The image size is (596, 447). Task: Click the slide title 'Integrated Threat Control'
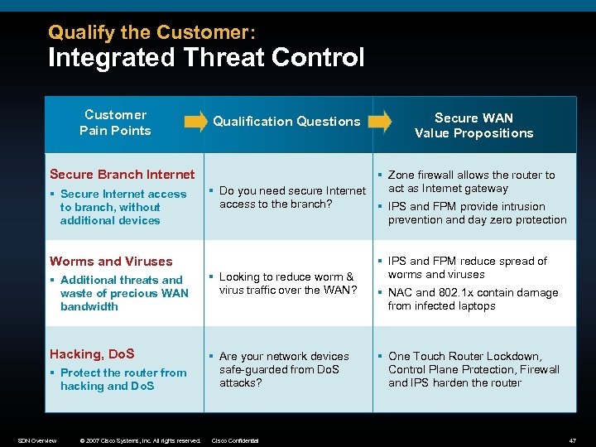(x=206, y=58)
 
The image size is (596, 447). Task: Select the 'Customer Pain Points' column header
(x=115, y=123)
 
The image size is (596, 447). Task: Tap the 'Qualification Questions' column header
(x=286, y=122)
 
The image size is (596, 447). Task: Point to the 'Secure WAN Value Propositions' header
(x=473, y=125)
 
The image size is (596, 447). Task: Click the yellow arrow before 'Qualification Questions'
(x=195, y=122)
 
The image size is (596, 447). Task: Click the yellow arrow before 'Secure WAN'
(x=379, y=122)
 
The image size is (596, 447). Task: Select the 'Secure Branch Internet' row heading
(x=122, y=174)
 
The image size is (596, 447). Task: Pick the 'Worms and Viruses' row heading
(x=111, y=261)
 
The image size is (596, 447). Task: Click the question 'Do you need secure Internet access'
(x=291, y=197)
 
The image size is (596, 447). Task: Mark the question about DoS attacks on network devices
(x=283, y=369)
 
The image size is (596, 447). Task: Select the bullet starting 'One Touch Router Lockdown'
(x=473, y=369)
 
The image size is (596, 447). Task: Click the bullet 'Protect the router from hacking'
(x=123, y=379)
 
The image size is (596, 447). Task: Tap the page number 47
(x=572, y=440)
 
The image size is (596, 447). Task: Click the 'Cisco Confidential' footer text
(x=236, y=440)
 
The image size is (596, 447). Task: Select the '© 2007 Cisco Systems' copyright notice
(x=140, y=440)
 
